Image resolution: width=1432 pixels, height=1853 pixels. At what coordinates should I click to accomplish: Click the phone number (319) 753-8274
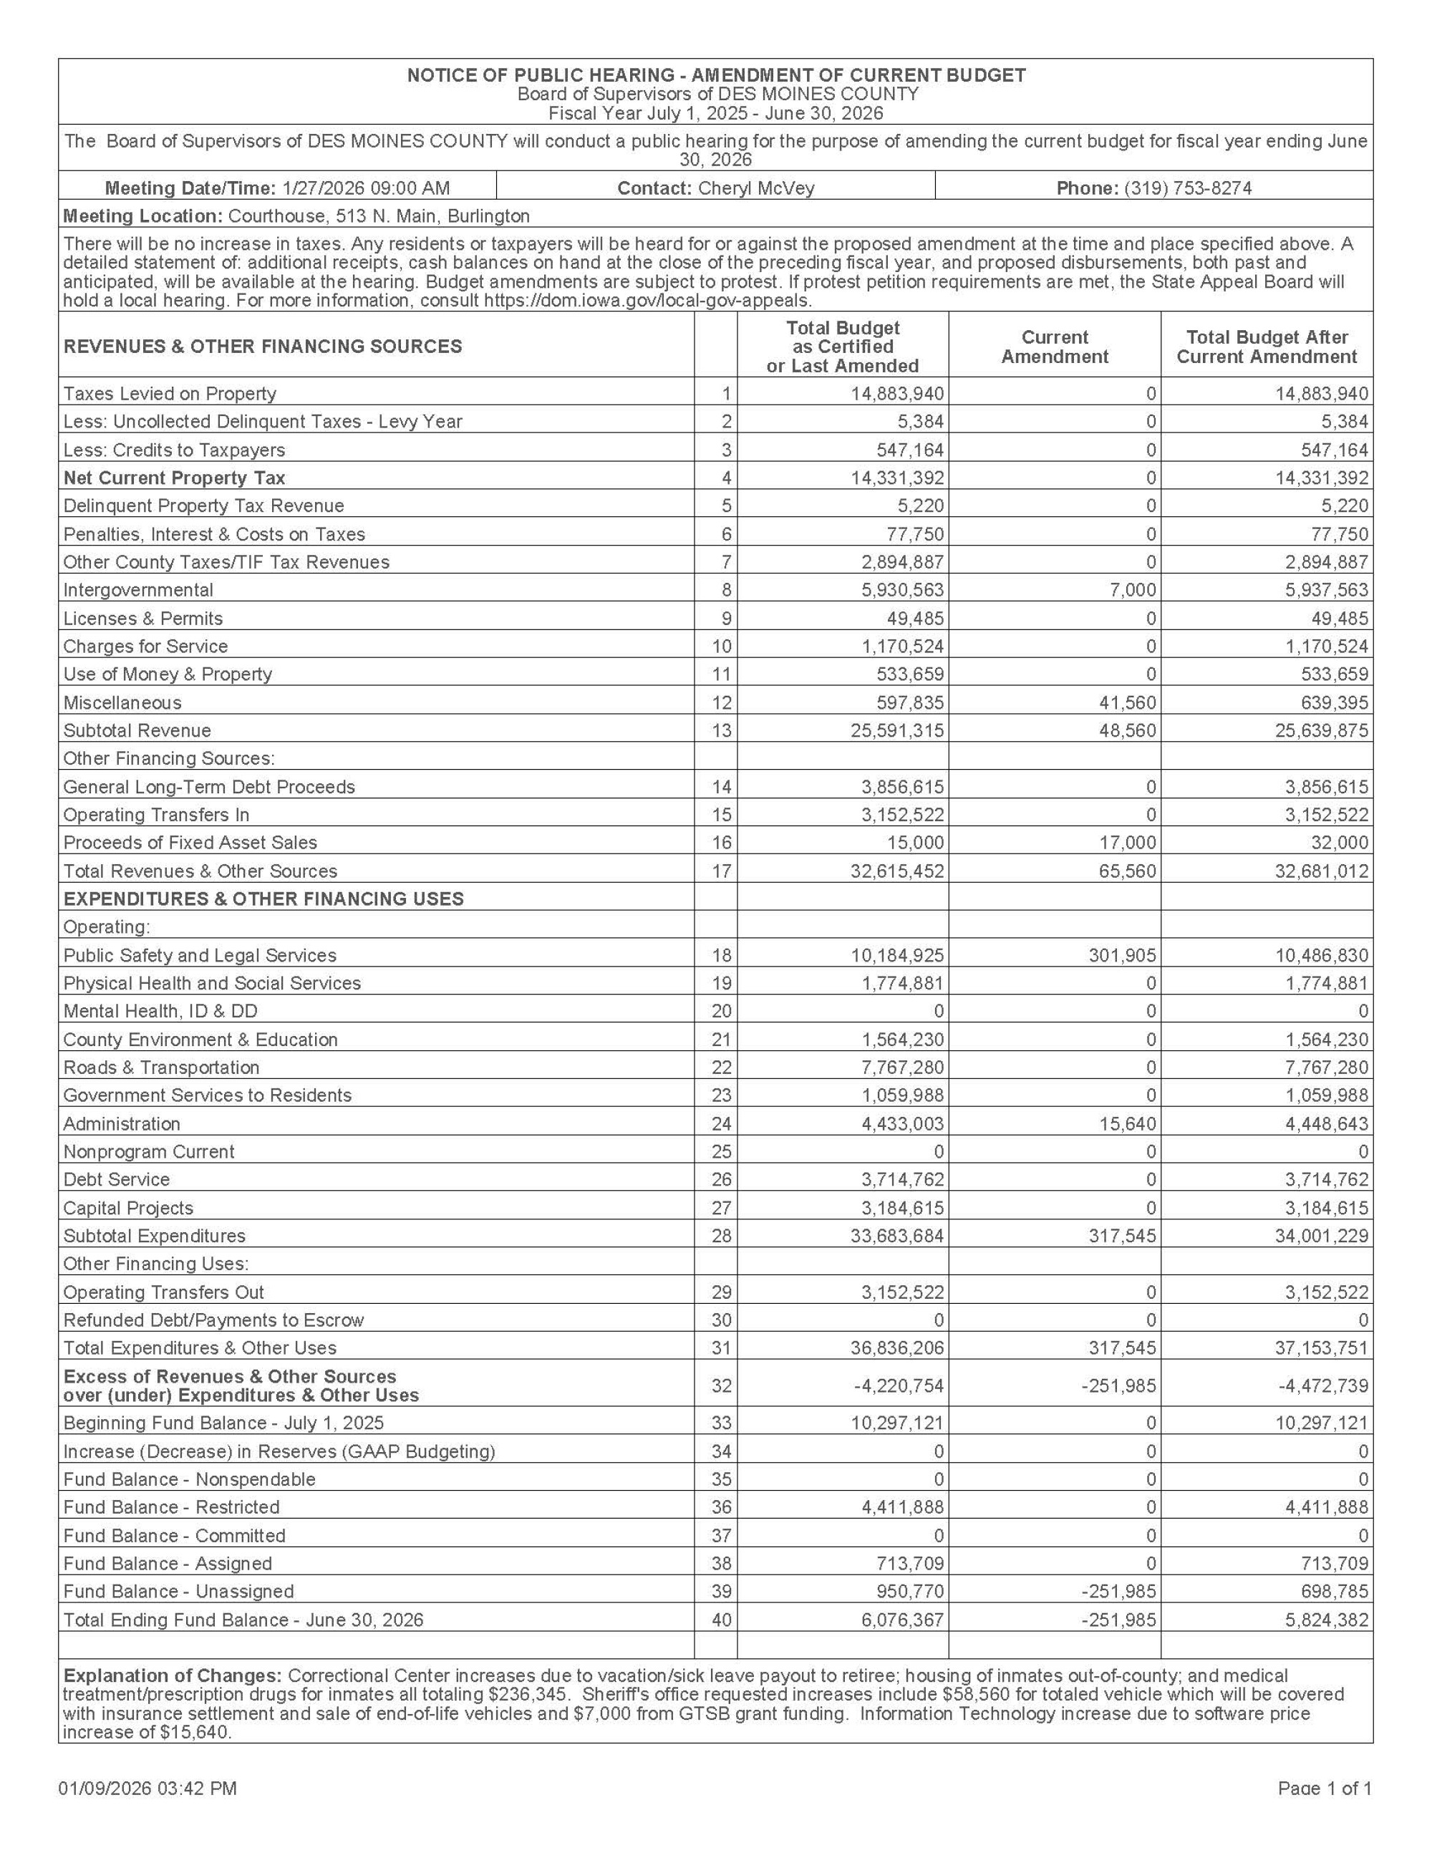pyautogui.click(x=1188, y=188)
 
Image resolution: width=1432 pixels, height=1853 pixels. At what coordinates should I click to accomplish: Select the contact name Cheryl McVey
pyautogui.click(x=756, y=188)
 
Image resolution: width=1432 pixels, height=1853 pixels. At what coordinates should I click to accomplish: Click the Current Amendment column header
pyautogui.click(x=1055, y=347)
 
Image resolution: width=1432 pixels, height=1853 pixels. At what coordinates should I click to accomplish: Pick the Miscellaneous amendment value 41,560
pyautogui.click(x=1126, y=702)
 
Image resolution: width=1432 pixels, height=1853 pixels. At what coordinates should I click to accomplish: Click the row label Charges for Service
pyautogui.click(x=146, y=647)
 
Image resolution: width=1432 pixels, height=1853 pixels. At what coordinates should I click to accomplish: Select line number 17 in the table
pyautogui.click(x=721, y=871)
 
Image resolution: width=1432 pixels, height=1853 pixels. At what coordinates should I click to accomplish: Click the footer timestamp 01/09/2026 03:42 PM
pyautogui.click(x=147, y=1789)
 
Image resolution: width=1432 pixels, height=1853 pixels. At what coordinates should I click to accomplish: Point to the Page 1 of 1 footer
pyautogui.click(x=1325, y=1789)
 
